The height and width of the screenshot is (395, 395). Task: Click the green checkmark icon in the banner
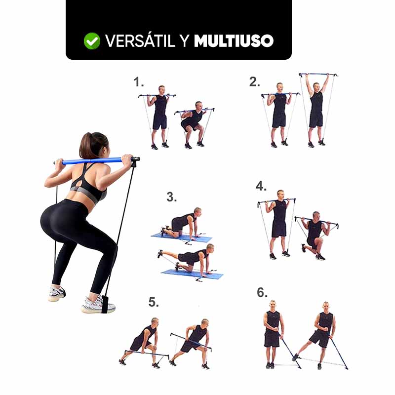click(92, 41)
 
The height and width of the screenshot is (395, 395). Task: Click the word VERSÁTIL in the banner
click(140, 41)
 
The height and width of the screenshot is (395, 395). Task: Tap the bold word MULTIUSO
click(234, 41)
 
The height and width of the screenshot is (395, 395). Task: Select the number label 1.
click(138, 82)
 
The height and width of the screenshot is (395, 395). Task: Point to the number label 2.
click(254, 82)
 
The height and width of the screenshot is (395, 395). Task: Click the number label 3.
click(171, 197)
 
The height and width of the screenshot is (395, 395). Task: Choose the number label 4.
click(261, 187)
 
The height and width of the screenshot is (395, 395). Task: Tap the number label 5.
click(154, 302)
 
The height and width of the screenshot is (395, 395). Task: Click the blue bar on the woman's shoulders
click(94, 161)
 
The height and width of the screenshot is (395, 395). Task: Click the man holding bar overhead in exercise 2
click(316, 106)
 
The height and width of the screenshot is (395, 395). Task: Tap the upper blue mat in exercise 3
click(181, 237)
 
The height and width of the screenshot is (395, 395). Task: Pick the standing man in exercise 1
click(160, 116)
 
